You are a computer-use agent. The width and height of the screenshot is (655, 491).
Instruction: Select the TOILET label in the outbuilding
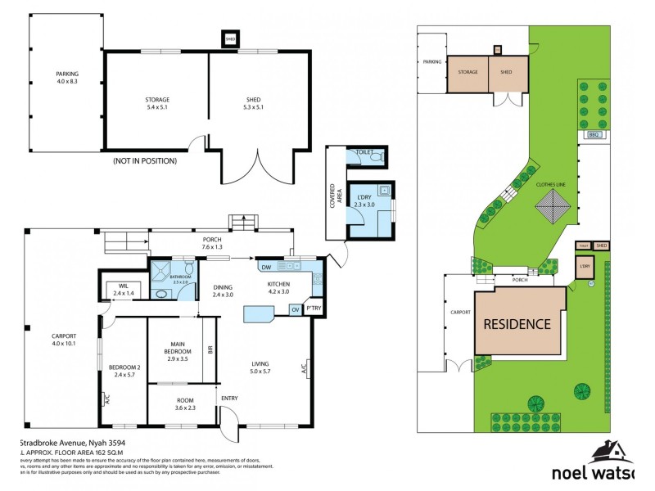[x=364, y=153]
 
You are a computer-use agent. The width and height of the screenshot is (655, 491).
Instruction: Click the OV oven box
[x=295, y=309]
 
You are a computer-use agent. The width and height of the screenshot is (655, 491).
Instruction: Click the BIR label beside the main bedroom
[x=210, y=350]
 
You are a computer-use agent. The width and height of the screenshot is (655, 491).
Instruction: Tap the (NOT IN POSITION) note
[x=145, y=161]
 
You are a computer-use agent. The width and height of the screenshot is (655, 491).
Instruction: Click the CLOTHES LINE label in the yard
[x=551, y=185]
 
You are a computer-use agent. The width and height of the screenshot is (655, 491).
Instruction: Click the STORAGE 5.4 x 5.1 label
[x=157, y=104]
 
